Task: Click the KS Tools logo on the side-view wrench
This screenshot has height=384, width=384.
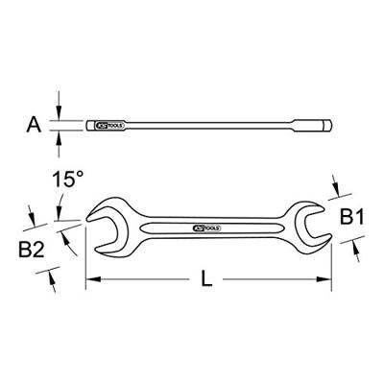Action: [x=110, y=125]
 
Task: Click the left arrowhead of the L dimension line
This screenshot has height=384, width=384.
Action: [x=92, y=281]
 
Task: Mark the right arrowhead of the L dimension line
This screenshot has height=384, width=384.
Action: [x=325, y=281]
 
